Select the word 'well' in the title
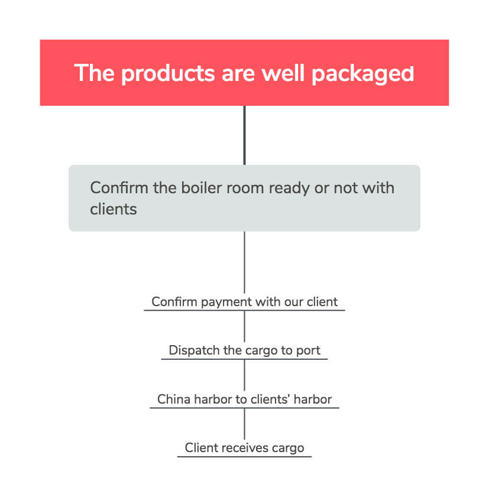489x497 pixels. click(283, 73)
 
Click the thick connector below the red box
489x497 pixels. click(244, 135)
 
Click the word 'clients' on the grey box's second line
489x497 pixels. click(114, 209)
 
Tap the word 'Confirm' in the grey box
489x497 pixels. click(119, 188)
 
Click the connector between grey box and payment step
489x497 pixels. click(244, 262)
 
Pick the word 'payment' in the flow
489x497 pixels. click(226, 303)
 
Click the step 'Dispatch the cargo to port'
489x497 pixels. click(245, 350)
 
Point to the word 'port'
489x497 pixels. click(308, 351)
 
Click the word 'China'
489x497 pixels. click(174, 399)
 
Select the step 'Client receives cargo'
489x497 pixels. click(245, 448)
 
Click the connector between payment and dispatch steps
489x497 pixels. click(244, 326)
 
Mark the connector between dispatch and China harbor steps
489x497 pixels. click(244, 375)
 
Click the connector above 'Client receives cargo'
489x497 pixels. click(244, 424)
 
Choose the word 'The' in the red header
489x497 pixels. click(94, 73)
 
